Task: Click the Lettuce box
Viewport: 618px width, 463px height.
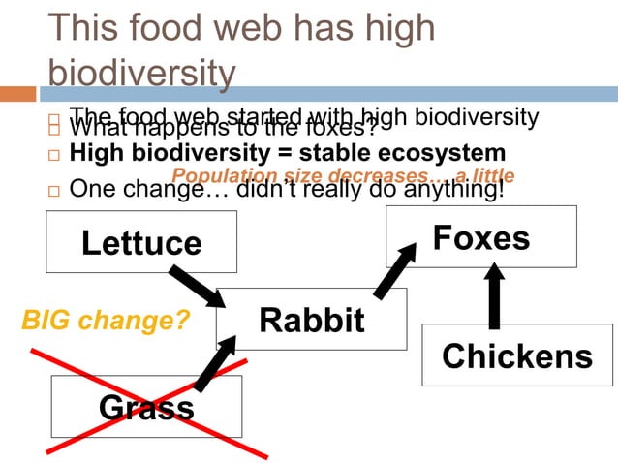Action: click(141, 241)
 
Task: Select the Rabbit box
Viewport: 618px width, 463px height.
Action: click(311, 319)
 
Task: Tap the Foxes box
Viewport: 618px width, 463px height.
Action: click(480, 237)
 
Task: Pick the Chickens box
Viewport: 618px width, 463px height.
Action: click(517, 355)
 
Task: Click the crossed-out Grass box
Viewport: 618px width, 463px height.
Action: click(146, 406)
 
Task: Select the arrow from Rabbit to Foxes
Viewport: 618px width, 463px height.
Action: click(393, 272)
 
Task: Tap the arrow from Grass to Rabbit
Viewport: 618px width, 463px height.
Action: click(216, 364)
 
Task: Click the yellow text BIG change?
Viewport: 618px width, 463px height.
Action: click(106, 319)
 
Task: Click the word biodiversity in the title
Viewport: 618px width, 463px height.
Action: click(141, 74)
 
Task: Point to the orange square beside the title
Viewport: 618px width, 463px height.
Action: click(17, 94)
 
